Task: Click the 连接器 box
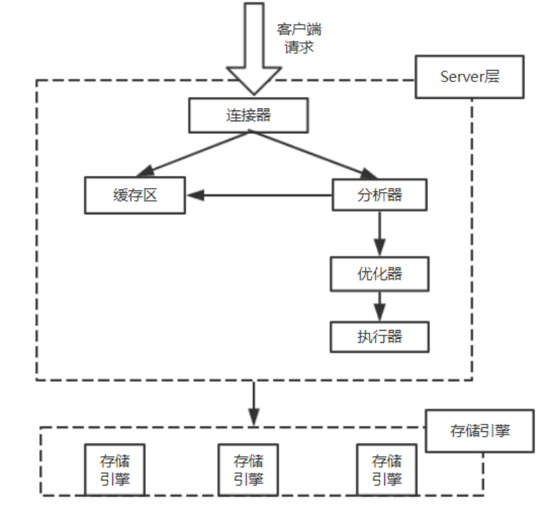(x=248, y=115)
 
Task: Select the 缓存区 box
(x=135, y=195)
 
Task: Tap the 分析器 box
(x=380, y=195)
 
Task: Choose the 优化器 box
(x=380, y=274)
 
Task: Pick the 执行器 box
(x=380, y=336)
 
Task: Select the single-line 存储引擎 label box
(x=480, y=431)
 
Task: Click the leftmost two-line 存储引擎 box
(x=114, y=470)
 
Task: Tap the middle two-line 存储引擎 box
(x=248, y=470)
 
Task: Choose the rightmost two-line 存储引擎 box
(x=386, y=470)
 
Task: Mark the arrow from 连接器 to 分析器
(x=310, y=154)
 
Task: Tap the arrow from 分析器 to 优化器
(x=380, y=232)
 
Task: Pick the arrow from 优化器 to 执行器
(x=380, y=305)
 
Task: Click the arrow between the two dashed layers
(x=253, y=403)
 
